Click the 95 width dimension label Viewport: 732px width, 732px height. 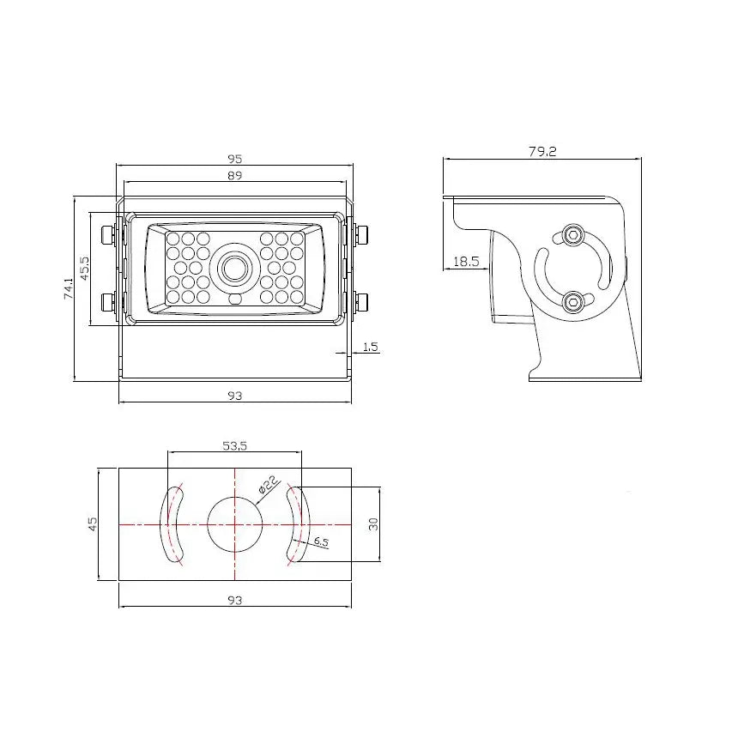235,159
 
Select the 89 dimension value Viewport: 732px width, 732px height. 235,176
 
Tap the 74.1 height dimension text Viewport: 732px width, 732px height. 69,288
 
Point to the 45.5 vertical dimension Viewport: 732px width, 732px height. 84,269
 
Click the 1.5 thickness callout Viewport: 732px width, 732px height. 370,347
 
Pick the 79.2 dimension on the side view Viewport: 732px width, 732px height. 542,151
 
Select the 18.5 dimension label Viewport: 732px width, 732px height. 466,261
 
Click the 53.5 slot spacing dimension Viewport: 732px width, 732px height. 235,446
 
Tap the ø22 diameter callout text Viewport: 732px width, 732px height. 268,485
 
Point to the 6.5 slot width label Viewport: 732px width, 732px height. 321,541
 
